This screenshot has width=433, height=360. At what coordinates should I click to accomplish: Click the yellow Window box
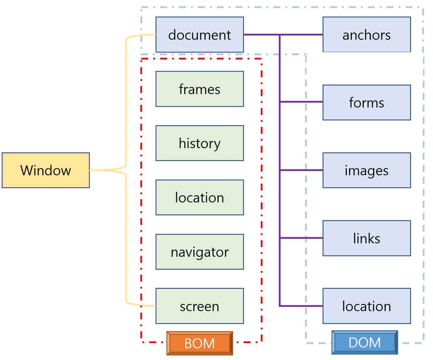[x=46, y=170]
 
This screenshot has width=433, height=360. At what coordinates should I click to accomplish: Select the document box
[x=200, y=35]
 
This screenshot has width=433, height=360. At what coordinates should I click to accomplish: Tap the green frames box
[x=200, y=89]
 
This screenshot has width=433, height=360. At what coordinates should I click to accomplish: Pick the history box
[x=200, y=143]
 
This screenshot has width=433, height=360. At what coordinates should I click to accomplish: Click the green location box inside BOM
[x=200, y=198]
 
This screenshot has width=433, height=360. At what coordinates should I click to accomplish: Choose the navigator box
[x=200, y=252]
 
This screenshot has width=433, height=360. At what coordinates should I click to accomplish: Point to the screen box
[x=200, y=306]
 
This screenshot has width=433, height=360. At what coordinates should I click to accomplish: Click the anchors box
[x=367, y=35]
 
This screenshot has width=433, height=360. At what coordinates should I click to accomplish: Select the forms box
[x=367, y=103]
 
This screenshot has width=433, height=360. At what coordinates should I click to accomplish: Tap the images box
[x=367, y=170]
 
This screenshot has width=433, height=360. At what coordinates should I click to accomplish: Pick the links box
[x=367, y=238]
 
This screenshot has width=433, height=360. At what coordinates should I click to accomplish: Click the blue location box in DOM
[x=367, y=306]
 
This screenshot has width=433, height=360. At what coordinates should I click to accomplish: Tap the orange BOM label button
[x=200, y=343]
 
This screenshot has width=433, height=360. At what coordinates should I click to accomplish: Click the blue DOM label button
[x=365, y=342]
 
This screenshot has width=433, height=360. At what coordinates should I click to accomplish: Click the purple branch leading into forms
[x=301, y=102]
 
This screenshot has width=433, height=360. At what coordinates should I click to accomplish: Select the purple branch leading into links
[x=301, y=238]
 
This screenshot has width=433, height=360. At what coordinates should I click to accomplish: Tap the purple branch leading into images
[x=301, y=170]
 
